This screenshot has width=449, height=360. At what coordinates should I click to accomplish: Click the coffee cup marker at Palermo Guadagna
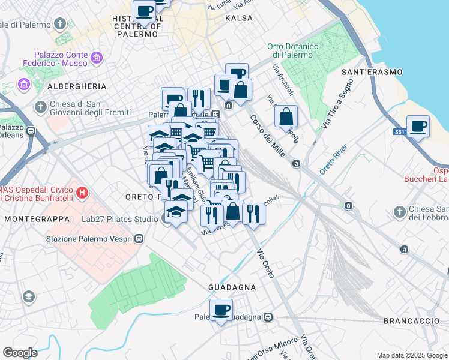tap(221, 310)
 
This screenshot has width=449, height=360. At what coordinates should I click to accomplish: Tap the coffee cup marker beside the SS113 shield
tap(418, 127)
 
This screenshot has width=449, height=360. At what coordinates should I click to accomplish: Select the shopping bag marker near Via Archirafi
tap(286, 116)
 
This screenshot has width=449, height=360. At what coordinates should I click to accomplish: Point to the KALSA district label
tap(238, 19)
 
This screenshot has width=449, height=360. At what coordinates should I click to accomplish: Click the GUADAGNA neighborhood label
tap(232, 287)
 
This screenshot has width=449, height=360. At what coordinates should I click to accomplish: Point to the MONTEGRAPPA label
tap(37, 219)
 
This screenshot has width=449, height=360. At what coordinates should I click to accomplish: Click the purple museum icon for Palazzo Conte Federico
tap(96, 58)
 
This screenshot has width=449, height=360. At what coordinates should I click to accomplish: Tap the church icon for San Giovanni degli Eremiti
tap(40, 107)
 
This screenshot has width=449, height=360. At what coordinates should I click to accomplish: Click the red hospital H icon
tap(83, 194)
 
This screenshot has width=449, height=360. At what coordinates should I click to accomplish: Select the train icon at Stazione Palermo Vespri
tap(139, 239)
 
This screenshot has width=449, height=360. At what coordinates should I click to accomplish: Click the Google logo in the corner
tap(20, 353)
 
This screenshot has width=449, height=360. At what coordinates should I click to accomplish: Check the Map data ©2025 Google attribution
tap(411, 355)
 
